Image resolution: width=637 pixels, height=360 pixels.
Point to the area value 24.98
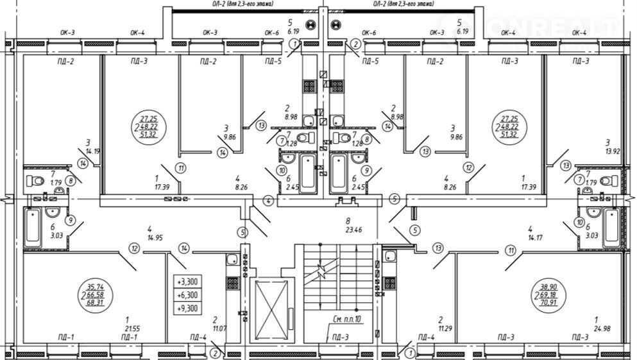pyautogui.click(x=600, y=328)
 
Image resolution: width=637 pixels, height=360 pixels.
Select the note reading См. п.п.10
pyautogui.click(x=348, y=319)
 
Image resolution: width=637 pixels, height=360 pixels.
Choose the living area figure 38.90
pyautogui.click(x=548, y=287)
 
